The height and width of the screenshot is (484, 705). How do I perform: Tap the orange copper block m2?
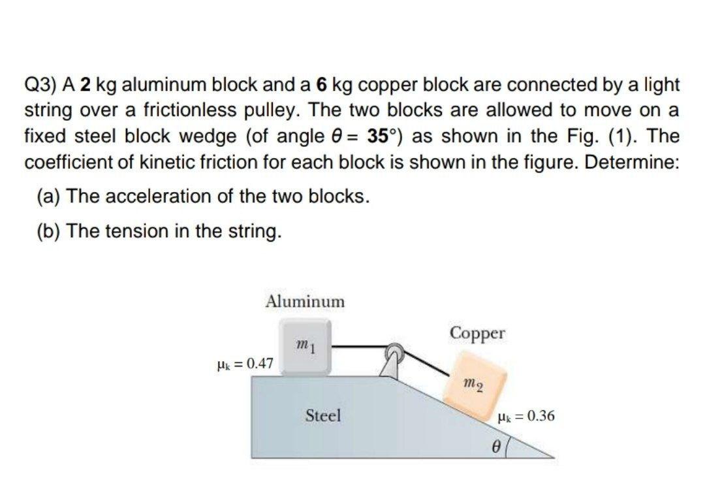pyautogui.click(x=475, y=385)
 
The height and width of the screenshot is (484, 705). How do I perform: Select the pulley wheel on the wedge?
pyautogui.click(x=396, y=353)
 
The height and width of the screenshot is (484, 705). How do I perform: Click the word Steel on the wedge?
pyautogui.click(x=324, y=415)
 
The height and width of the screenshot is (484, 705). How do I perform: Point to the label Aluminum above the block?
pyautogui.click(x=305, y=301)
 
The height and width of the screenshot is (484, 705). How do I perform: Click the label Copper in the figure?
pyautogui.click(x=477, y=332)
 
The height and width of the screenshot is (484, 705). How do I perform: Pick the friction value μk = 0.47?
pyautogui.click(x=245, y=363)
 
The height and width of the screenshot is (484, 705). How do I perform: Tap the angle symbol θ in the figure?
pyautogui.click(x=495, y=447)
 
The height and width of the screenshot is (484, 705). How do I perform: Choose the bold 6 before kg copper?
pyautogui.click(x=321, y=86)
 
